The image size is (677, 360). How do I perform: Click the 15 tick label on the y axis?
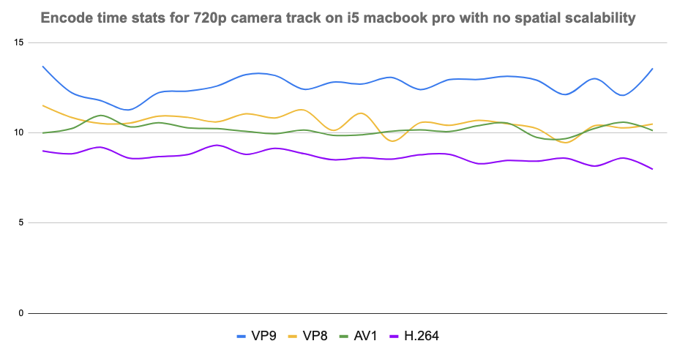pyautogui.click(x=19, y=42)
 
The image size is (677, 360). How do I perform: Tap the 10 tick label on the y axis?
pyautogui.click(x=19, y=132)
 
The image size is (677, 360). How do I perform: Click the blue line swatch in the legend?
pyautogui.click(x=244, y=337)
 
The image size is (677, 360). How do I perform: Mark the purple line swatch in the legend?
pyautogui.click(x=400, y=337)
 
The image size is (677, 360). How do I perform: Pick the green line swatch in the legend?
pyautogui.click(x=349, y=337)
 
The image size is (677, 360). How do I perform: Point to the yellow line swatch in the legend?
pyautogui.click(x=296, y=337)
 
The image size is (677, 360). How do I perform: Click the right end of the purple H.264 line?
pyautogui.click(x=652, y=169)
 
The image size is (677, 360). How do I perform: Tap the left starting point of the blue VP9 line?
pyautogui.click(x=42, y=67)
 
